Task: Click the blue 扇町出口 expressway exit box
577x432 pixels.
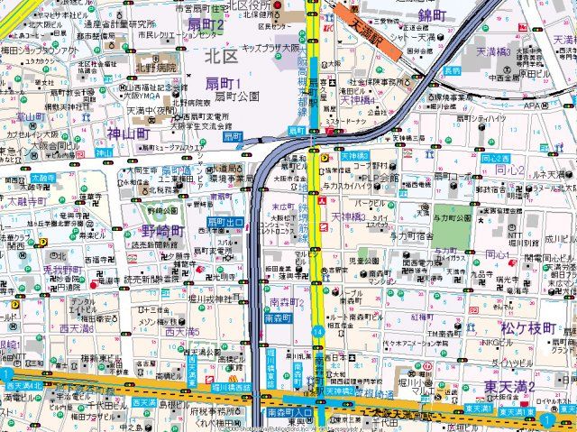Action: click(x=225, y=222)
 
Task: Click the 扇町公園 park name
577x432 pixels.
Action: click(x=237, y=96)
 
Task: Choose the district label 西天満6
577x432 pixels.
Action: click(x=76, y=328)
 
